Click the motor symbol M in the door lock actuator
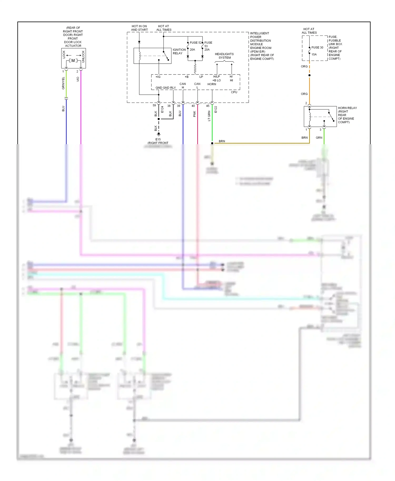click(73, 61)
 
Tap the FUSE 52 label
click(195, 43)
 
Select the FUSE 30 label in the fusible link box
click(317, 48)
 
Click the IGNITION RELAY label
click(179, 51)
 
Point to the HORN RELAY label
click(347, 108)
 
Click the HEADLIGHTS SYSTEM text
click(224, 56)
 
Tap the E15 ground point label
click(158, 139)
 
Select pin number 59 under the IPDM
click(154, 106)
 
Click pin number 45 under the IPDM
click(208, 106)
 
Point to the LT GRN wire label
click(209, 116)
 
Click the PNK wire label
click(195, 114)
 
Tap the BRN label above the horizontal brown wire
click(222, 141)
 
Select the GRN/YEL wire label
click(63, 83)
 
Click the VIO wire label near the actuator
click(78, 79)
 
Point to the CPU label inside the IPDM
click(234, 92)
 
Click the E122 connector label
click(216, 109)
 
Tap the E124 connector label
click(162, 109)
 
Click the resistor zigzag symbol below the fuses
click(195, 69)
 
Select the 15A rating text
click(314, 54)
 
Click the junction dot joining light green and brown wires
click(212, 143)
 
